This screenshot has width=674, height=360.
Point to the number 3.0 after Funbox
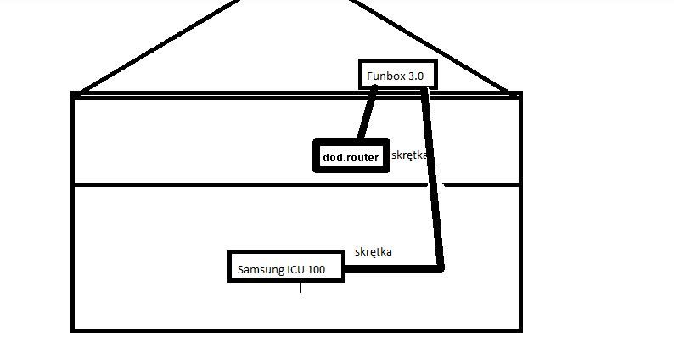coord(415,76)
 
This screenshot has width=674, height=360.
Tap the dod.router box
coord(351,156)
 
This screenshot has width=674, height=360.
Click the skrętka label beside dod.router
coord(413,155)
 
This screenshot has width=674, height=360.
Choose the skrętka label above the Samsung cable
coord(374,252)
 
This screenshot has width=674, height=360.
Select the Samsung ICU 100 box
coord(287,266)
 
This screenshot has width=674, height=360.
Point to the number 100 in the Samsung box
coord(316,271)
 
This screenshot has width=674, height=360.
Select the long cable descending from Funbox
coord(433,178)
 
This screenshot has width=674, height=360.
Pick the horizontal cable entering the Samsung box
coord(390,269)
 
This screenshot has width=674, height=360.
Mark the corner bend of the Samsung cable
coord(440,268)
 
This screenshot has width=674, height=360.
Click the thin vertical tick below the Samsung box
coord(301,289)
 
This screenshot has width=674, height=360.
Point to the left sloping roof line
coord(161,47)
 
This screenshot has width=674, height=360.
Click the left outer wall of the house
coord(73,212)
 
